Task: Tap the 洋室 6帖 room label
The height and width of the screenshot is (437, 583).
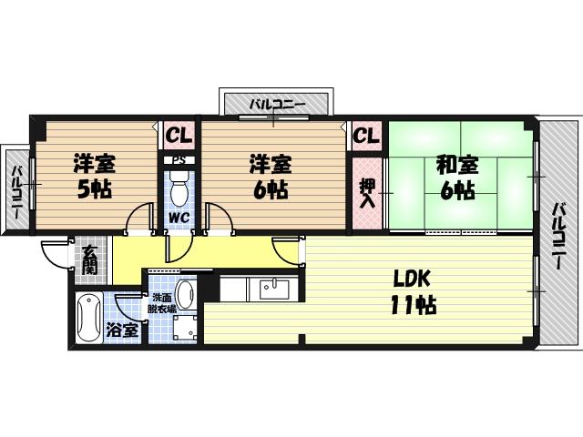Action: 271,178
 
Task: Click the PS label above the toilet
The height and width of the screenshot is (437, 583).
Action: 179,161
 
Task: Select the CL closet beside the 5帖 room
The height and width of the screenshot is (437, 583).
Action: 179,137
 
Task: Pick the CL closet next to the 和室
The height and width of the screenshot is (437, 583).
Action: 365,137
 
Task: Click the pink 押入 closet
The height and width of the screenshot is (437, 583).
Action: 366,193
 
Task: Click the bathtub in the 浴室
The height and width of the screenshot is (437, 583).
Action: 88,319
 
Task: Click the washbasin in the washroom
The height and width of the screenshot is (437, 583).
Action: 186,294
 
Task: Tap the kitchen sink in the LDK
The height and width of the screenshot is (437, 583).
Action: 273,290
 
